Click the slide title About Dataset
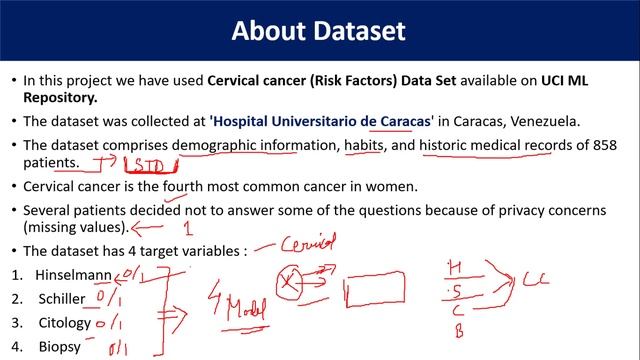319,30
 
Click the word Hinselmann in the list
71,274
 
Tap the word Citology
64,324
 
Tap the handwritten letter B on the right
459,333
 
